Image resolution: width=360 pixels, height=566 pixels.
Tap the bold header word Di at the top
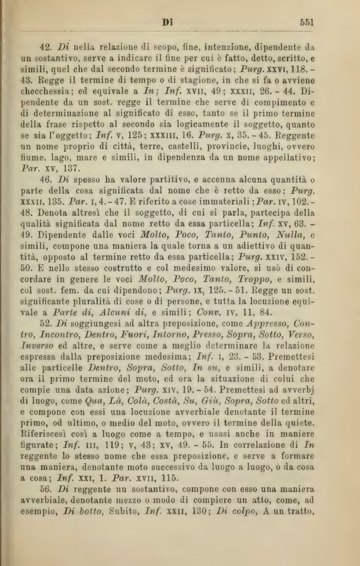click(167, 22)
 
